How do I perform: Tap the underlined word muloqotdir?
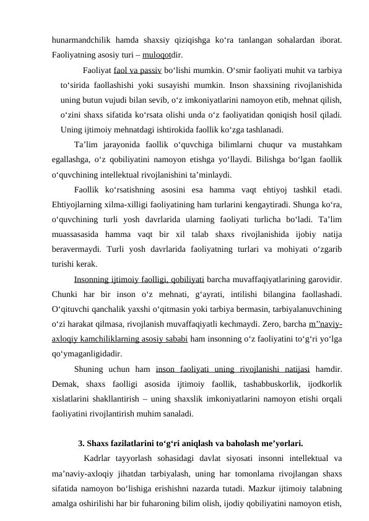(x=160, y=54)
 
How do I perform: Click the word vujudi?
(x=125, y=100)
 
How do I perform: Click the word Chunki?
(x=67, y=295)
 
